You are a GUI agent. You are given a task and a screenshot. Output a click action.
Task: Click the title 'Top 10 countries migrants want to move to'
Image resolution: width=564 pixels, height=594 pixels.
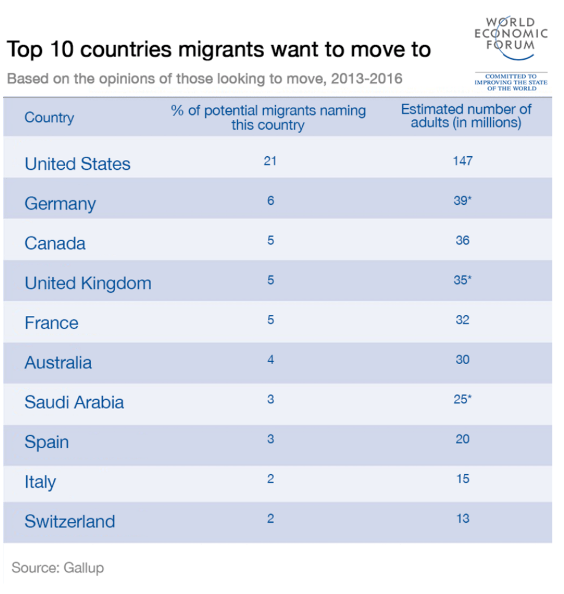pyautogui.click(x=219, y=50)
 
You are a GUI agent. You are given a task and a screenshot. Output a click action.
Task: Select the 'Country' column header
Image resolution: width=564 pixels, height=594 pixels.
pyautogui.click(x=49, y=117)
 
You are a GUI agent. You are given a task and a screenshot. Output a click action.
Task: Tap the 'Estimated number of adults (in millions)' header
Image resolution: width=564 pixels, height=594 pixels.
pyautogui.click(x=466, y=116)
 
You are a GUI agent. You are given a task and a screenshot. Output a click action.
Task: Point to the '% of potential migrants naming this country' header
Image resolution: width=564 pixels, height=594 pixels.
pyautogui.click(x=268, y=117)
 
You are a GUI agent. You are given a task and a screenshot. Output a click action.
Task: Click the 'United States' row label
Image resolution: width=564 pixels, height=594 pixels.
pyautogui.click(x=77, y=164)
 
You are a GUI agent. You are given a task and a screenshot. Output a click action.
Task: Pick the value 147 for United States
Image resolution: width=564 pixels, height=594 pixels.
pyautogui.click(x=463, y=161)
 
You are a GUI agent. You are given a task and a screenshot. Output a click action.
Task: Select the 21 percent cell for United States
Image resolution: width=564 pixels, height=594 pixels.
pyautogui.click(x=270, y=161)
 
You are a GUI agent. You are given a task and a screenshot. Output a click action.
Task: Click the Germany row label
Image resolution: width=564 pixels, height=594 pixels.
pyautogui.click(x=60, y=204)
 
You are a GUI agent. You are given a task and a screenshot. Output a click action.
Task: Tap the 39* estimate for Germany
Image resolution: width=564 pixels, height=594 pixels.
pyautogui.click(x=463, y=200)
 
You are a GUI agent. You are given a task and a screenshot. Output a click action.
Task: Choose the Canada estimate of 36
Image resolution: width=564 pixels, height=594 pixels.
pyautogui.click(x=463, y=240)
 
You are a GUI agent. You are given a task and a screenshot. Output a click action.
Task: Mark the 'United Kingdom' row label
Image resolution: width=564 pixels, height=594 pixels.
pyautogui.click(x=88, y=283)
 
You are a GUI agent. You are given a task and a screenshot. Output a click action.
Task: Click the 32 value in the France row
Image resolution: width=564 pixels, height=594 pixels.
pyautogui.click(x=463, y=320)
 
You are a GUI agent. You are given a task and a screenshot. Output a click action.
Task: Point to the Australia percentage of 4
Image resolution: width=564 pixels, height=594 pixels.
pyautogui.click(x=270, y=360)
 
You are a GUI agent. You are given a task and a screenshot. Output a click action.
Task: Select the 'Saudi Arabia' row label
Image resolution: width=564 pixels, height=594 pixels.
pyautogui.click(x=74, y=403)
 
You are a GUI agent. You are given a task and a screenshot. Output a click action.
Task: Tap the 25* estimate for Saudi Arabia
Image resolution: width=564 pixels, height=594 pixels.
pyautogui.click(x=463, y=400)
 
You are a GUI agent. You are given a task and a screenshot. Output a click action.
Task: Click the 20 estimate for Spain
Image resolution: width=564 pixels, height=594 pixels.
pyautogui.click(x=463, y=439)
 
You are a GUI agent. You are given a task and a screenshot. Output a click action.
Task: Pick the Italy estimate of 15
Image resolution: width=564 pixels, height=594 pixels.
pyautogui.click(x=463, y=479)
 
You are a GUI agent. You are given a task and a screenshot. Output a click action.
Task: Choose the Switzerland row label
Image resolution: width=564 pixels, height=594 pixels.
pyautogui.click(x=70, y=521)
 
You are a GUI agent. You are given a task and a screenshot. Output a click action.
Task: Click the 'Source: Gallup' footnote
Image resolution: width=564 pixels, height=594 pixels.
pyautogui.click(x=58, y=568)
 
